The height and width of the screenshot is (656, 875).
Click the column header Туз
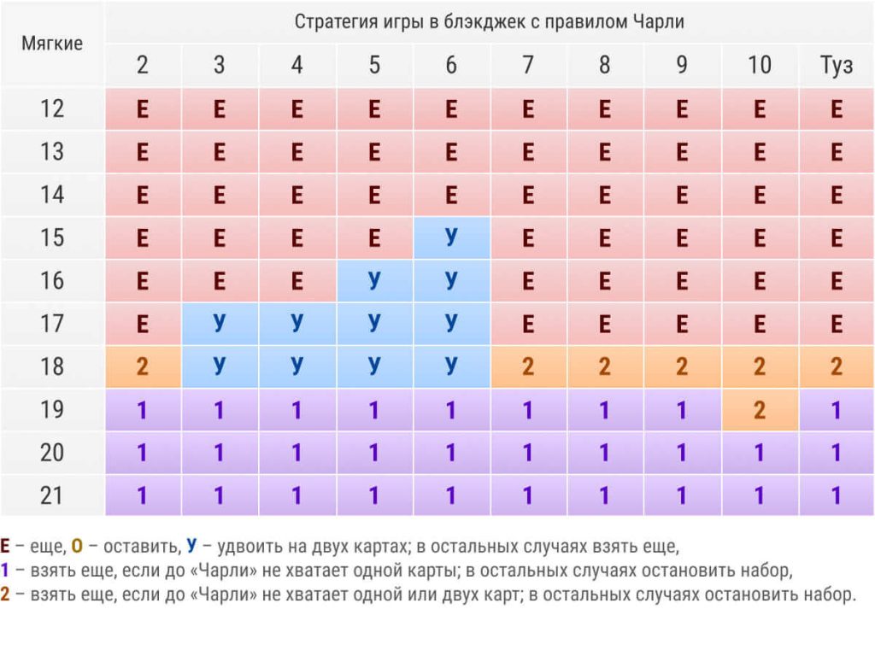(837, 66)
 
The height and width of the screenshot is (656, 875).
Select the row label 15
(52, 237)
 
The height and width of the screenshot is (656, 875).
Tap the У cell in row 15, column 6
(451, 237)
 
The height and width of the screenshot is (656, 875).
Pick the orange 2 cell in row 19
(760, 410)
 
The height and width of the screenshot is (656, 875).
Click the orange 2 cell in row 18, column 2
(143, 366)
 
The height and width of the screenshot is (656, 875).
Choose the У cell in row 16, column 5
(374, 280)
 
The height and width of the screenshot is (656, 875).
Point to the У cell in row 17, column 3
(220, 324)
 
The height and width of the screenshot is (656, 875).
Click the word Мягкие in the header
(52, 44)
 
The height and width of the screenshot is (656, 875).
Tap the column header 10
(760, 66)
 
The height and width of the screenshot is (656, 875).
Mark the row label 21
(52, 495)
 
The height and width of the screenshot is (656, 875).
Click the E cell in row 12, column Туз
(837, 108)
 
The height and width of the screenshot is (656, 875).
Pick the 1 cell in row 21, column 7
(528, 495)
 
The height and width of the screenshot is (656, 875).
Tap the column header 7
(528, 66)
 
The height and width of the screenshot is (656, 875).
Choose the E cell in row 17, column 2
(143, 324)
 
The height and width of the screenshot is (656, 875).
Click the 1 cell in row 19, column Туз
(837, 410)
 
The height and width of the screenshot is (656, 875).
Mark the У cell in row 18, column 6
(451, 366)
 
